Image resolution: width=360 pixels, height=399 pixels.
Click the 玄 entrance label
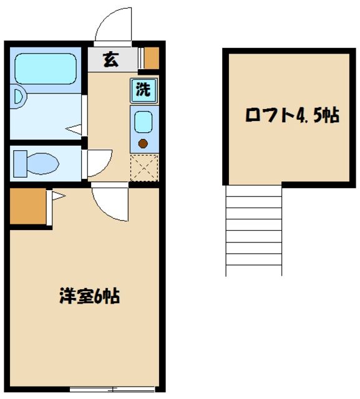coord(110,60)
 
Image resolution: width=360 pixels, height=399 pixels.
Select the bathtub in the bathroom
coord(44,68)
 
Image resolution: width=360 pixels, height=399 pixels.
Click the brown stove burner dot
coord(143,143)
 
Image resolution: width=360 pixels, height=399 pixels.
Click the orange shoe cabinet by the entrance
coord(152,58)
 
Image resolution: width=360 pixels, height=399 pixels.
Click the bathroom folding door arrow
coord(75,129)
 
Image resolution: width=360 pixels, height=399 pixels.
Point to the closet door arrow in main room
coord(57,196)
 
